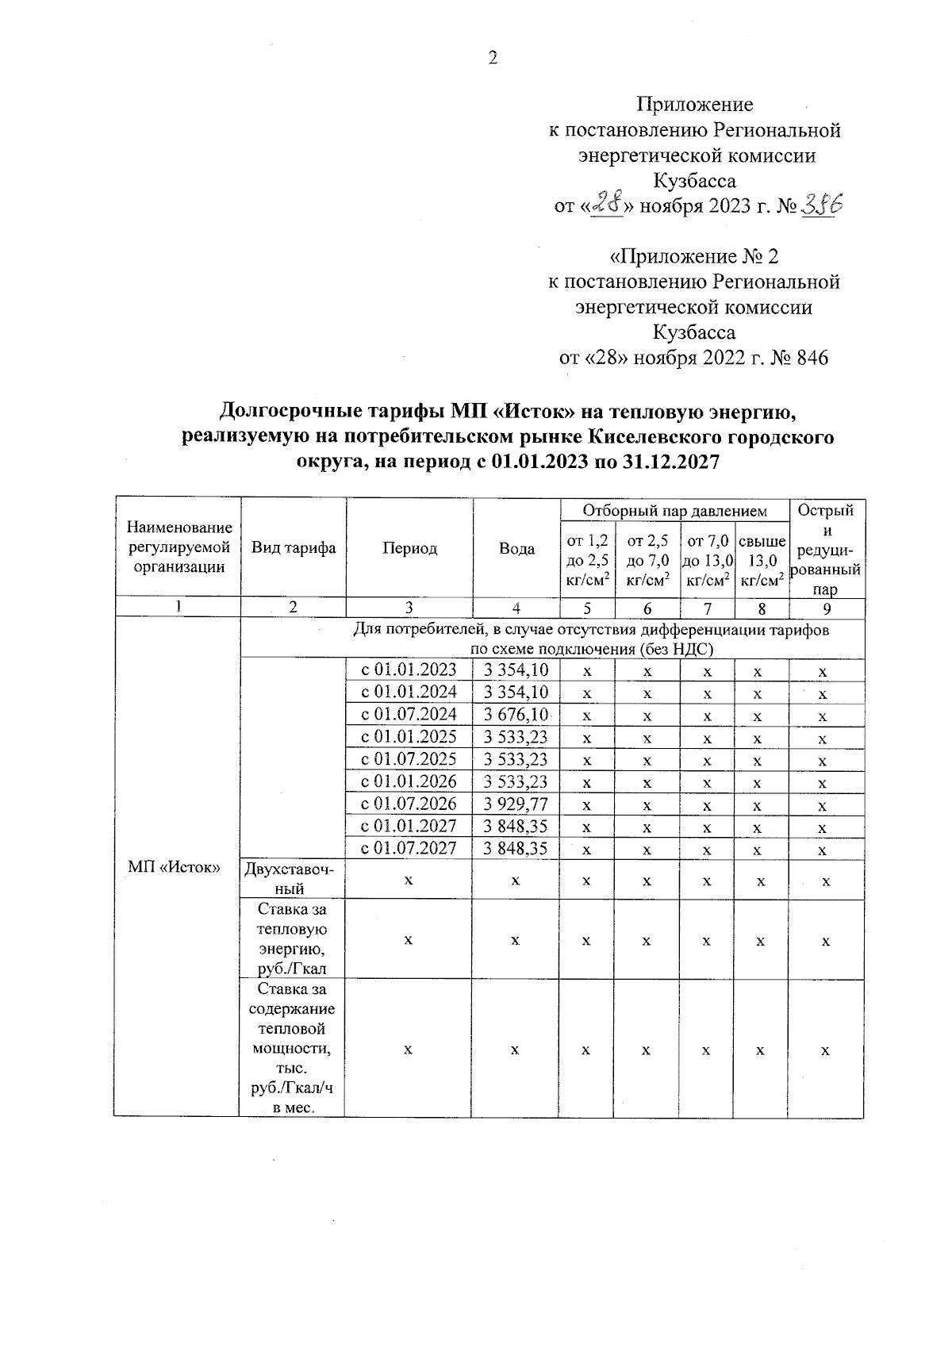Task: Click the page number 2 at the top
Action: click(x=492, y=58)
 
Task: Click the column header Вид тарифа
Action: click(x=294, y=547)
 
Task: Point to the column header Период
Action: click(x=409, y=548)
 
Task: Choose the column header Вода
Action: click(x=516, y=548)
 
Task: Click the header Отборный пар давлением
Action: click(x=674, y=511)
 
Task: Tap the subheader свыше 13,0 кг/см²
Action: click(x=762, y=560)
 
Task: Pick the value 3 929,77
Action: click(x=516, y=804)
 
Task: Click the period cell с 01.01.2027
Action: click(x=409, y=826)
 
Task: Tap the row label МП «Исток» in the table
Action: click(x=174, y=866)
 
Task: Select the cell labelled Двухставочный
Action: click(x=294, y=880)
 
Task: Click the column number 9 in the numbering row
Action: click(x=826, y=608)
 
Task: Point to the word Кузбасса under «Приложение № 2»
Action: click(x=694, y=332)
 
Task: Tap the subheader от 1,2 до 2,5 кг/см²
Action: click(x=587, y=560)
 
